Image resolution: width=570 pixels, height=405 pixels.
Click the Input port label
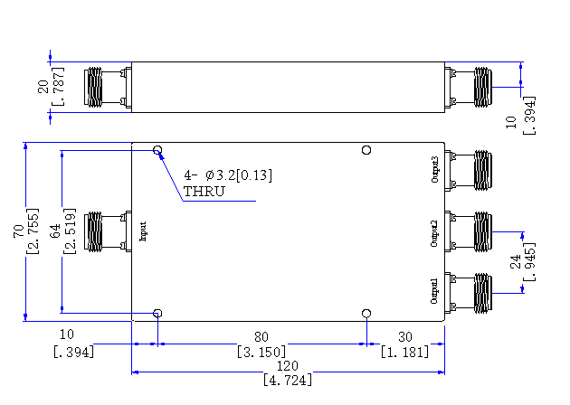(143, 231)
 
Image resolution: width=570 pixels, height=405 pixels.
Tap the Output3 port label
(435, 169)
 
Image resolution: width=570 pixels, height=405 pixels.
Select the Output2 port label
(434, 233)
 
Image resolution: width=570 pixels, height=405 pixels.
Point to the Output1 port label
(434, 291)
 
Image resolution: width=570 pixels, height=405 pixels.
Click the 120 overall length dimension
(287, 365)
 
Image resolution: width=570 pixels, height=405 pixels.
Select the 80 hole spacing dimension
(261, 337)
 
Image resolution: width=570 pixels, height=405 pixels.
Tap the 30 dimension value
(405, 337)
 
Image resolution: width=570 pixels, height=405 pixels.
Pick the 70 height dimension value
(18, 231)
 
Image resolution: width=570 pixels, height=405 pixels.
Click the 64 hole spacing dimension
(55, 231)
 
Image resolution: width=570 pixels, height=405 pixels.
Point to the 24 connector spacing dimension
(516, 261)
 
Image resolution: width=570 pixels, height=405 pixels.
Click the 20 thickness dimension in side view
(43, 87)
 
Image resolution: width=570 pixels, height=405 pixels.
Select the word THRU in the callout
(204, 192)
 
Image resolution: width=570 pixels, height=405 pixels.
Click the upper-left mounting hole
(157, 150)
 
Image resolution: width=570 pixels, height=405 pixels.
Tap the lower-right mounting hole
(366, 314)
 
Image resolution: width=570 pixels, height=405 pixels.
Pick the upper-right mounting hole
(366, 150)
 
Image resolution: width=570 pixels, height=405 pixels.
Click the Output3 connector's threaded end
(483, 170)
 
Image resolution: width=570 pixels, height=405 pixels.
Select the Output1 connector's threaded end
(483, 293)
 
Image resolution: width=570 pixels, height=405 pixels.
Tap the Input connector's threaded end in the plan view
(93, 231)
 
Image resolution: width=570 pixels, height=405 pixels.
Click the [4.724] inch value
(288, 380)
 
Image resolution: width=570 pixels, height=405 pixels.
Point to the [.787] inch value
(59, 87)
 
